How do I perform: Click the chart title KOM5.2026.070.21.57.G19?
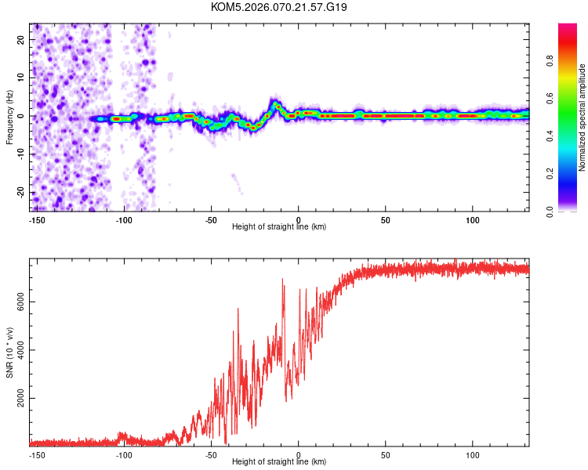pyautogui.click(x=279, y=7)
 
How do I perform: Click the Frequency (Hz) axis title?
pyautogui.click(x=9, y=115)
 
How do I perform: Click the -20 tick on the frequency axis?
pyautogui.click(x=21, y=192)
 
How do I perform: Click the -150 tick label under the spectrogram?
pyautogui.click(x=37, y=219)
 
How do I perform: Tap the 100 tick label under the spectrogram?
pyautogui.click(x=473, y=219)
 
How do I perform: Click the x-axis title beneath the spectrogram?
pyautogui.click(x=279, y=227)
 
